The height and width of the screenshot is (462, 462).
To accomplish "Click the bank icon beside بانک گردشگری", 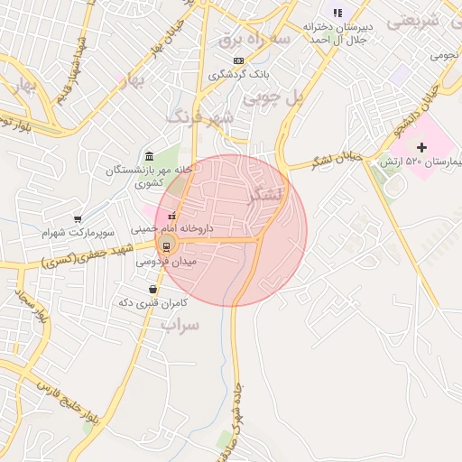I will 237,60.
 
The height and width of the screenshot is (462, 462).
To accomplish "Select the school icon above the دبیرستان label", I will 337,13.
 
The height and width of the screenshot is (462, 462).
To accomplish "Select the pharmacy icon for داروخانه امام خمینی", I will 171,216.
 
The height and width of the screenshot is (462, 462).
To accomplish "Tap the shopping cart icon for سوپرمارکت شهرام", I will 79,218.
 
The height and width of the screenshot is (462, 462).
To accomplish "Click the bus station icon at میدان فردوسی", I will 165,246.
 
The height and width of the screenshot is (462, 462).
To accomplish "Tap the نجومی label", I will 444,55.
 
